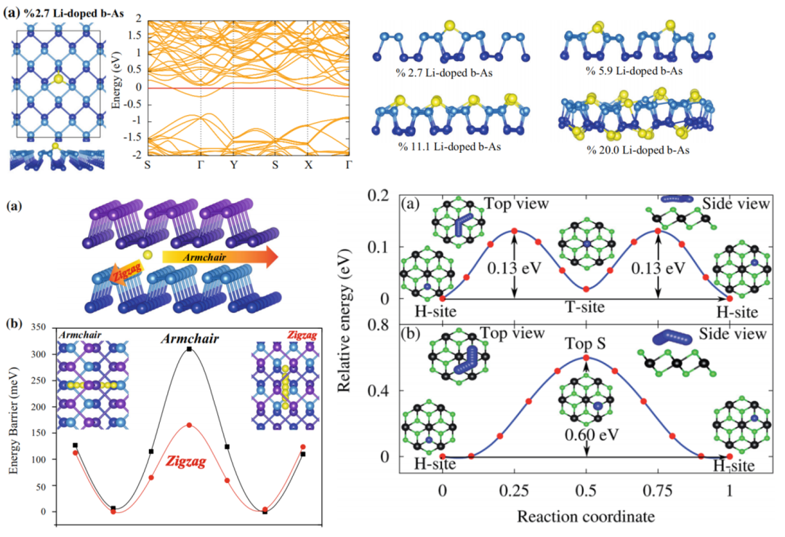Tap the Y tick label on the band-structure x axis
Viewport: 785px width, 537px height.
coord(233,165)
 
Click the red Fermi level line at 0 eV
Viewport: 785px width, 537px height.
coord(247,88)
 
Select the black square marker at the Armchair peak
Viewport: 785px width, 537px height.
coord(189,349)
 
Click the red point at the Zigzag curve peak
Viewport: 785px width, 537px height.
coord(189,425)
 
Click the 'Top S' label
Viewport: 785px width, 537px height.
coord(585,342)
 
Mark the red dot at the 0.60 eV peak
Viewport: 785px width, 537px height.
coord(586,357)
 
